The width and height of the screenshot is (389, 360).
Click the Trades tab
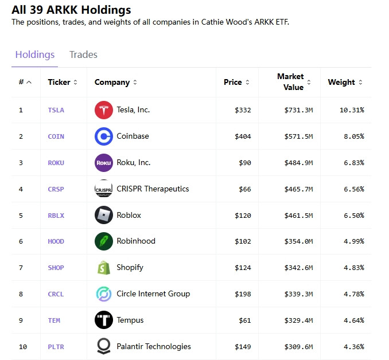pos(83,54)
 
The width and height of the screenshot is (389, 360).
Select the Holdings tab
pos(35,55)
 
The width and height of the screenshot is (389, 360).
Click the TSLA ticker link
pos(56,110)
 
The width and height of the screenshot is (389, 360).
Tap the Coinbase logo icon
pos(104,136)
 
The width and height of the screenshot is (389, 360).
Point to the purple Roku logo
pos(104,163)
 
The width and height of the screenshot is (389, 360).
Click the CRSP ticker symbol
pos(56,189)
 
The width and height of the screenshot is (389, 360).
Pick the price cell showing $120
pos(243,216)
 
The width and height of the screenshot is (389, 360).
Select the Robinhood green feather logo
pos(104,241)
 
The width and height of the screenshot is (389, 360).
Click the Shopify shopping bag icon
pos(104,268)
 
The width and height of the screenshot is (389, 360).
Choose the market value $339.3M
pos(298,294)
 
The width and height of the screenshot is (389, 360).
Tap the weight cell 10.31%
pos(352,110)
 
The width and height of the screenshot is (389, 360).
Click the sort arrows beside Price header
pos(247,82)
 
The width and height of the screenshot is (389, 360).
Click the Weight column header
pos(341,82)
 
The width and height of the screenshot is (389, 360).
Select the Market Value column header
pos(290,82)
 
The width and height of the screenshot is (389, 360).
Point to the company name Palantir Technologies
pos(154,346)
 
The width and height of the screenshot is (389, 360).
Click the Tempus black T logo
pos(104,320)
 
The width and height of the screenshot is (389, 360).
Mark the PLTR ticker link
pos(56,347)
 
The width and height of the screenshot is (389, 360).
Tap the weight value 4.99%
pos(354,241)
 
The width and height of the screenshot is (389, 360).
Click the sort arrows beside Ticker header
pos(75,82)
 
